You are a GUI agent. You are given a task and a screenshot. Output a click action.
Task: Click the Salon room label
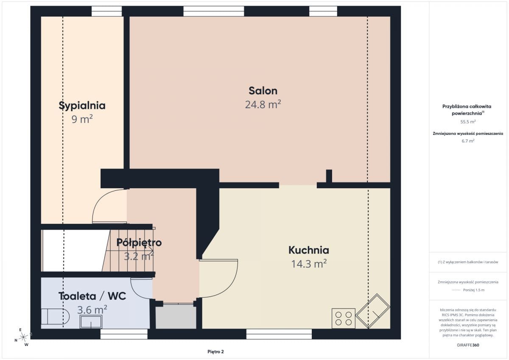[x=263, y=91]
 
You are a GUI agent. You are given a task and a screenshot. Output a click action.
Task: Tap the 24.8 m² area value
[x=263, y=104]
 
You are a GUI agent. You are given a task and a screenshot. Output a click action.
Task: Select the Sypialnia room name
[x=82, y=106]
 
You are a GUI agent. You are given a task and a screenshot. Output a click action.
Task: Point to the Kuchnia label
[x=309, y=250]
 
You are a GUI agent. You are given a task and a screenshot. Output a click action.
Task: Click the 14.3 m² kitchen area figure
[x=309, y=264]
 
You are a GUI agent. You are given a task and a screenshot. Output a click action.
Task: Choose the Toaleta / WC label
[x=92, y=296]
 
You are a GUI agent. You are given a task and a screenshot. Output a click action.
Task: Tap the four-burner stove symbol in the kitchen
[x=343, y=318]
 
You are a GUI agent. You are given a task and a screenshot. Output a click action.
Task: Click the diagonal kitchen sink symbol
[x=373, y=311]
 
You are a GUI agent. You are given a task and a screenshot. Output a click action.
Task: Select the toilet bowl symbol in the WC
[x=55, y=316]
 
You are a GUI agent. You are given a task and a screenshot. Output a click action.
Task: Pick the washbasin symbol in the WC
[x=91, y=321]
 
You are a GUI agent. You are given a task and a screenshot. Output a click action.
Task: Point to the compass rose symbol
[x=23, y=337]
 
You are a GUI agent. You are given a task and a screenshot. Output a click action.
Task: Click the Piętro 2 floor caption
[x=215, y=352]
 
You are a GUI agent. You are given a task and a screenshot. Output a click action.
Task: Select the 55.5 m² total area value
[x=468, y=122]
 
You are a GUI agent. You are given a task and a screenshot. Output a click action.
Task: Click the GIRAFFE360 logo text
[x=468, y=345]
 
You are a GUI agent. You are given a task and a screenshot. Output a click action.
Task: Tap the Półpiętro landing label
[x=139, y=243]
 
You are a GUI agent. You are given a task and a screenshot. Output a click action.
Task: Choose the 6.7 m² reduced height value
[x=468, y=141]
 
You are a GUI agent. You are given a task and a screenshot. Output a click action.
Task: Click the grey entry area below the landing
[x=176, y=316]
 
